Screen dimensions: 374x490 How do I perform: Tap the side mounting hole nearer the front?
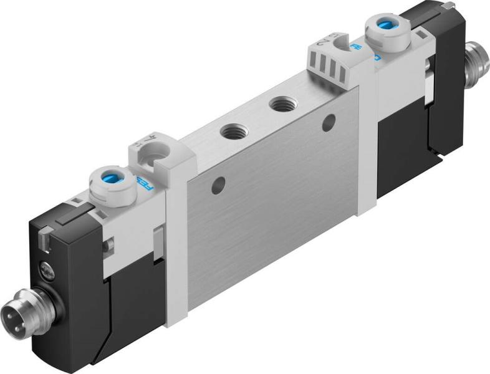pyautogui.click(x=218, y=185)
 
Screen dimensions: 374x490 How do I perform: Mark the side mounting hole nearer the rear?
pyautogui.click(x=327, y=122)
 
